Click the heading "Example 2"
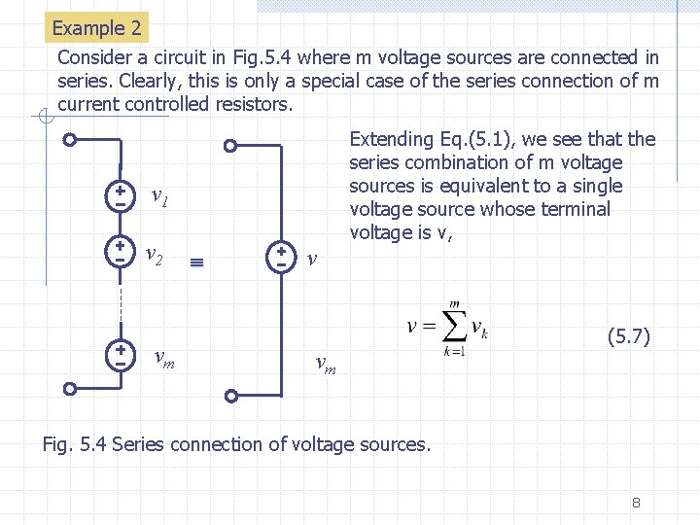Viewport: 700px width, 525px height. [x=96, y=28]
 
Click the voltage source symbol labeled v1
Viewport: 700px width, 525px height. [x=120, y=197]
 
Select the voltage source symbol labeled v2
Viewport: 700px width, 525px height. [x=120, y=254]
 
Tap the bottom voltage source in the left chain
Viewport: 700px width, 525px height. [x=120, y=355]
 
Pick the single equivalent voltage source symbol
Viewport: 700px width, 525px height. [x=280, y=257]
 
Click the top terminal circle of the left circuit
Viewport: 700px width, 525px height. [x=69, y=139]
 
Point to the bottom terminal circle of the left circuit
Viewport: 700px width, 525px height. [x=69, y=389]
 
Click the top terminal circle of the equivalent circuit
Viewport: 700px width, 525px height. [x=230, y=147]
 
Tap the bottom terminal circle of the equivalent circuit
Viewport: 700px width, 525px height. [x=230, y=396]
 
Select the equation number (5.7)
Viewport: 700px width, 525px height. [x=628, y=337]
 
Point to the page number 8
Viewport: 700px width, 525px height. [x=635, y=503]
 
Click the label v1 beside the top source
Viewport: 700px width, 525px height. [x=160, y=198]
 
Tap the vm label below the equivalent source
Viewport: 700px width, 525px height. [x=326, y=365]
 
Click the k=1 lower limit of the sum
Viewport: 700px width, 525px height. [x=454, y=351]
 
